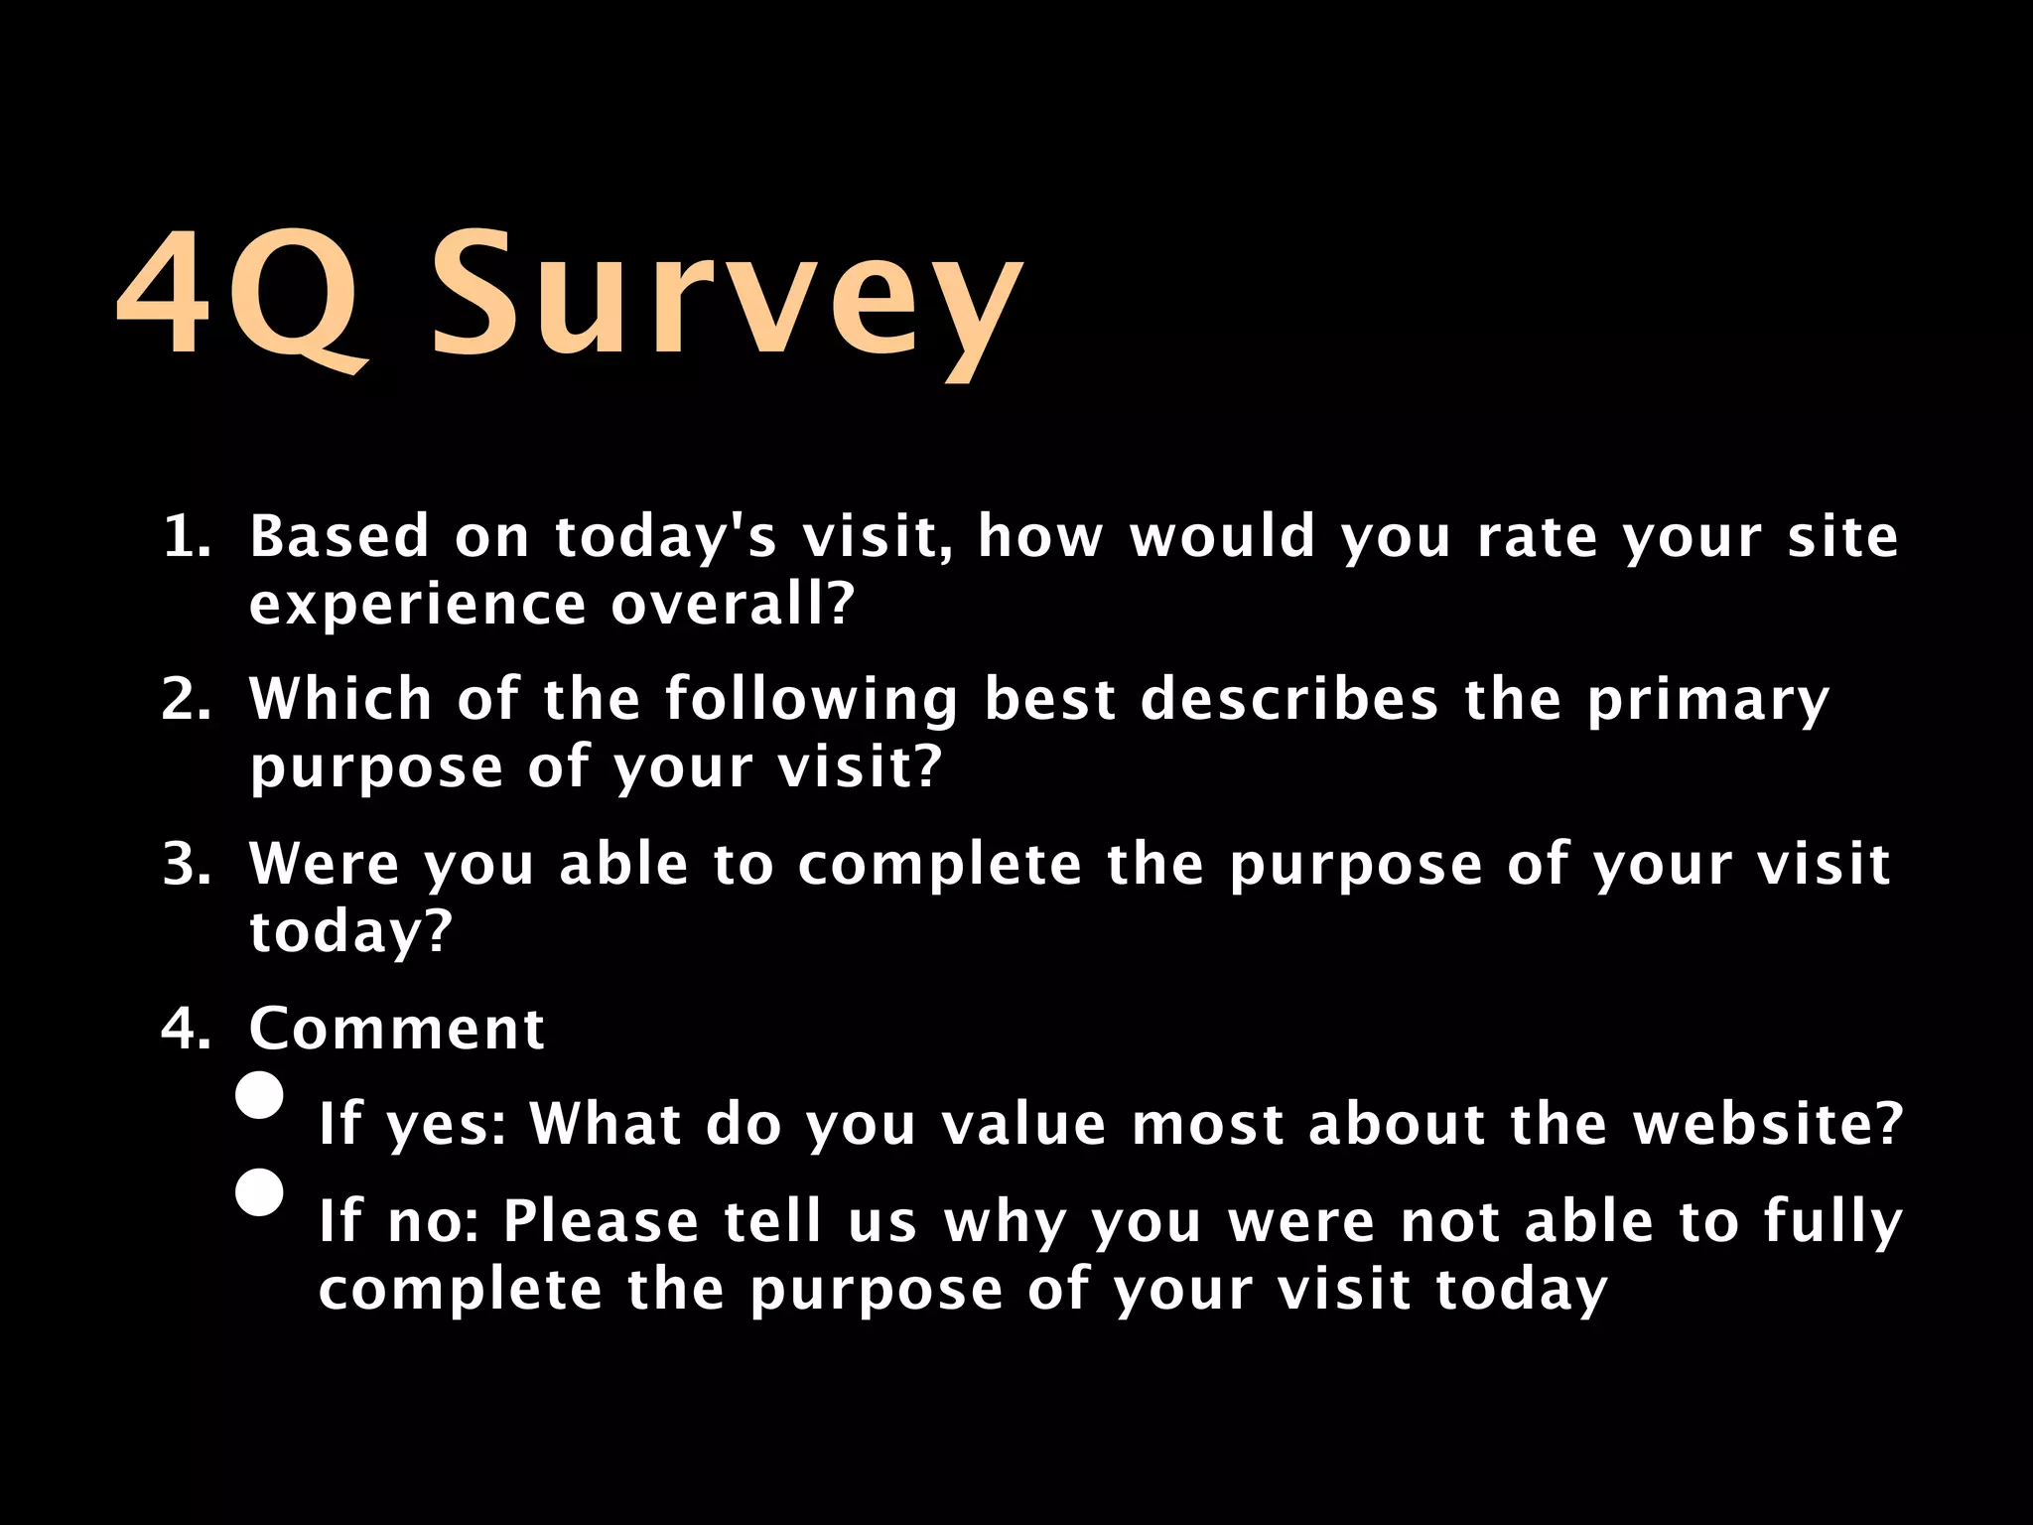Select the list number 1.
point(187,537)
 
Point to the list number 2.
point(187,700)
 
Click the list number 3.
point(187,865)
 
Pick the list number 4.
point(187,1029)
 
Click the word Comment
point(397,1029)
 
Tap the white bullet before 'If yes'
point(260,1096)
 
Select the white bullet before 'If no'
point(260,1192)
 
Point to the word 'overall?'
point(733,604)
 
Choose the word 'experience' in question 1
point(418,606)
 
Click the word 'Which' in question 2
point(340,699)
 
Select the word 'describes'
point(1289,699)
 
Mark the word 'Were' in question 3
point(325,865)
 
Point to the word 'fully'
point(1833,1223)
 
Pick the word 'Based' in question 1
point(339,537)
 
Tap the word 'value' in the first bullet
point(1023,1125)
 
